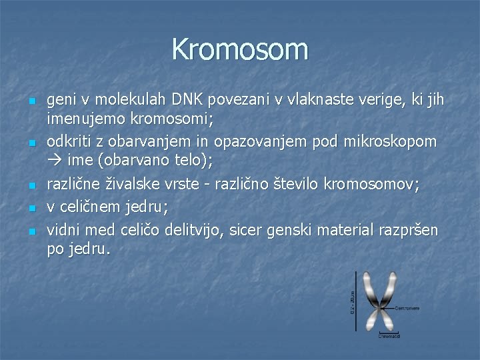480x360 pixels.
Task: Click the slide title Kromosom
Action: [240, 49]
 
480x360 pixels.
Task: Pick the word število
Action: [305, 185]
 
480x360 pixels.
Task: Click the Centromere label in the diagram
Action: [407, 309]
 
